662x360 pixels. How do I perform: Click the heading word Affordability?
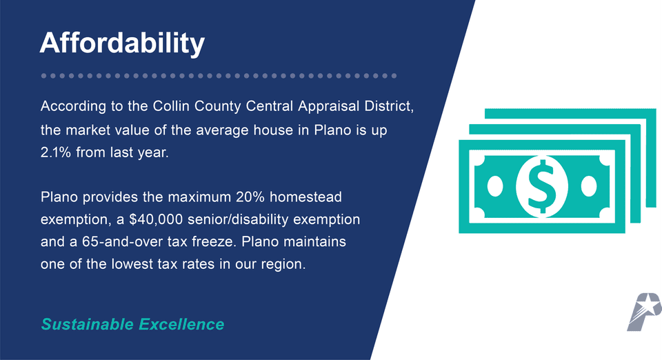tap(122, 43)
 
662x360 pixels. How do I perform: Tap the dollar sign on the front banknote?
tap(541, 185)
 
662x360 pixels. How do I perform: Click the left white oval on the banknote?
tap(494, 185)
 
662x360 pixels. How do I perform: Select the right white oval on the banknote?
tap(588, 185)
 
